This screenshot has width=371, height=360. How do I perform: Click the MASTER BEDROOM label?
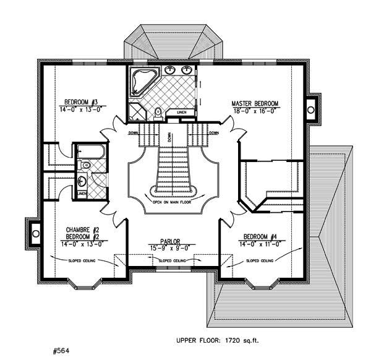(x=255, y=103)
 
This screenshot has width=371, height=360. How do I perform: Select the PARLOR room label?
(x=166, y=242)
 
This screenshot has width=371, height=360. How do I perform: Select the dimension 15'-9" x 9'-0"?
(x=166, y=248)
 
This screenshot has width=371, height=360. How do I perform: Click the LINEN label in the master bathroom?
(x=181, y=112)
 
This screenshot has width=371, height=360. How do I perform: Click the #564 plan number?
(x=62, y=349)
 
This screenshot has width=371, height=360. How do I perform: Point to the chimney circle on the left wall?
(x=35, y=233)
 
